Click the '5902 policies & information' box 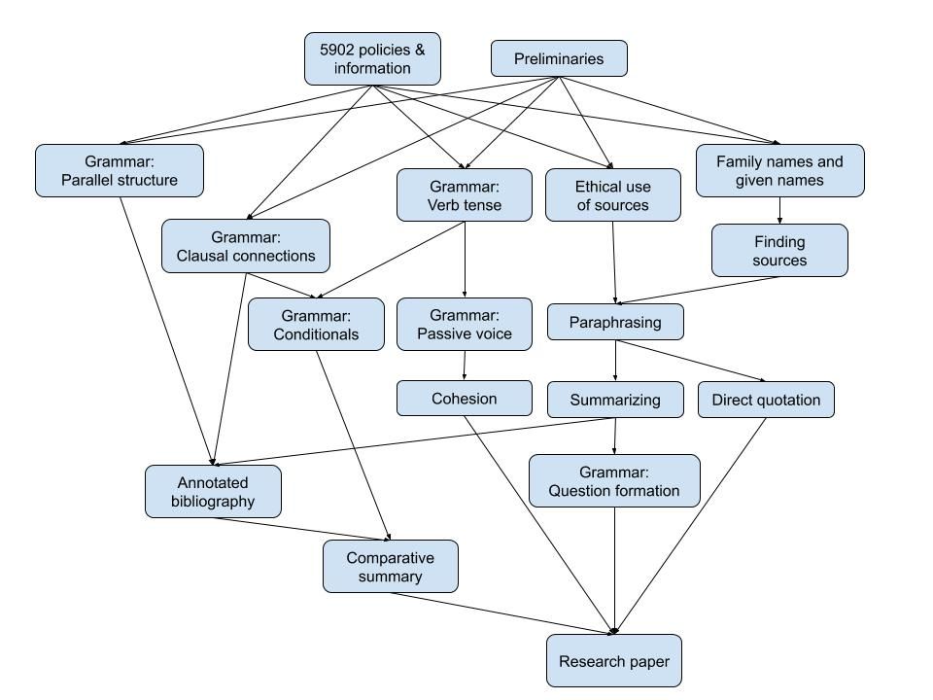(372, 58)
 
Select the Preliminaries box (558, 58)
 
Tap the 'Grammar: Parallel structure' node (120, 170)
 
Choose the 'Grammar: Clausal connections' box (246, 246)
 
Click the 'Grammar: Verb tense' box (464, 194)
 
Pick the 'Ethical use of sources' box (612, 194)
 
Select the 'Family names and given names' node (779, 170)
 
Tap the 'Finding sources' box (779, 250)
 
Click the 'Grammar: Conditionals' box (316, 324)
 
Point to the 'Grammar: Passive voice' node (464, 324)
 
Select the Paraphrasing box (615, 322)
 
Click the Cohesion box (464, 398)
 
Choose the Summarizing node (615, 400)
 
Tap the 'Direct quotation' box (766, 400)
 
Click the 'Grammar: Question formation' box (614, 480)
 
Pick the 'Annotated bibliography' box (213, 491)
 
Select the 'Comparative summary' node (390, 566)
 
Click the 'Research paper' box (613, 661)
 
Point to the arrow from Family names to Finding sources (779, 210)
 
